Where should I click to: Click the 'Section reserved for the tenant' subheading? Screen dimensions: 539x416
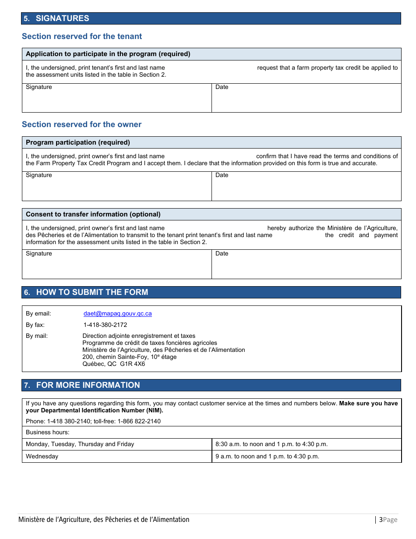[82, 36]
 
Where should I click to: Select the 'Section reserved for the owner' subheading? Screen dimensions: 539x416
[81, 124]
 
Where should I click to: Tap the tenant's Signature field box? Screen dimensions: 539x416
[117, 98]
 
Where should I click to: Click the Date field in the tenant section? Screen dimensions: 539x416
[306, 98]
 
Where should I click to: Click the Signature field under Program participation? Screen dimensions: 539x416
[117, 186]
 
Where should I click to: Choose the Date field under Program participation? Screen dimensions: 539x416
[306, 186]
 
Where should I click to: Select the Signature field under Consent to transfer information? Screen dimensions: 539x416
[117, 264]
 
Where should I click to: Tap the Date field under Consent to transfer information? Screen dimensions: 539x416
[306, 264]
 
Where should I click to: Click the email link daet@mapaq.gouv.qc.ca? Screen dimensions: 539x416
[118, 314]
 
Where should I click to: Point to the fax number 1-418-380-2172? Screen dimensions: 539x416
[105, 325]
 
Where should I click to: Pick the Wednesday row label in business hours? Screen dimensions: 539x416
[42, 457]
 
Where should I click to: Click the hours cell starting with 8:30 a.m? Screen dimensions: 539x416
[271, 444]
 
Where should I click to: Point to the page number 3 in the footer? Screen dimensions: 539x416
[381, 520]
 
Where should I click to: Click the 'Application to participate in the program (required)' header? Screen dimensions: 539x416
[108, 54]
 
